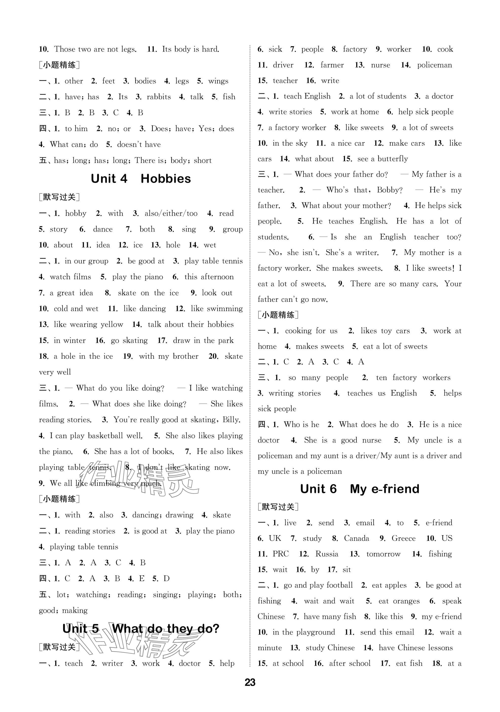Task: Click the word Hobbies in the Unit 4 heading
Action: coord(166,179)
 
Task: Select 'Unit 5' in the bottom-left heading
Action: coord(81,629)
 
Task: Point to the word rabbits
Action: coord(159,97)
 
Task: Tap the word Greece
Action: coord(403,538)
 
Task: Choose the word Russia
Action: coord(327,554)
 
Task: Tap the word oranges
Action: coord(406,601)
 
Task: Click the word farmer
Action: coord(332,65)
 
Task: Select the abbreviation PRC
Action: coord(281,554)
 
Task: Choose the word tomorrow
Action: coord(383,554)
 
